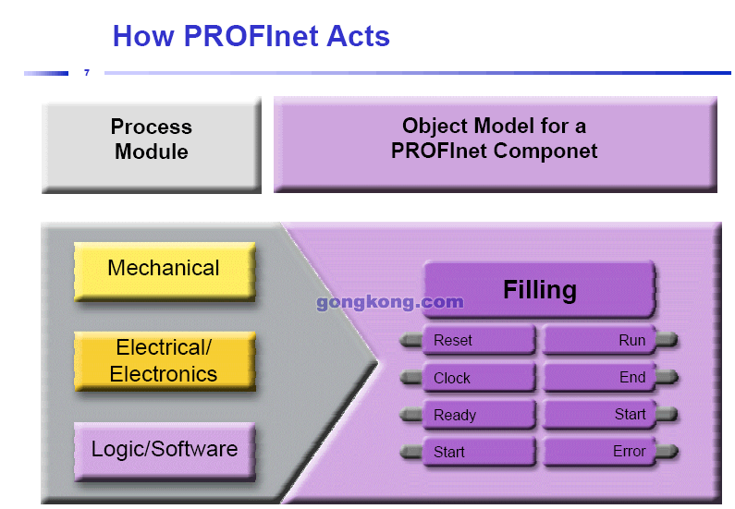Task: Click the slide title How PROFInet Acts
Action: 251,36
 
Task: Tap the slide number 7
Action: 87,72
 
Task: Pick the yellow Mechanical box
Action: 164,270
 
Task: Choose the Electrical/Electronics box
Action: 164,361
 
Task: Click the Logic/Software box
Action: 164,451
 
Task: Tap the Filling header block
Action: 539,290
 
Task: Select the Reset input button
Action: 478,340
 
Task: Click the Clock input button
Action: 478,378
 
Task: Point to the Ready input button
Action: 478,415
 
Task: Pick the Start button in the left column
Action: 478,452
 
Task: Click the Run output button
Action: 598,340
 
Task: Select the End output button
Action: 598,377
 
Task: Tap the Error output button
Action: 598,452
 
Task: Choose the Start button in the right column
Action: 598,414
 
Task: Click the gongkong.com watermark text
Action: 389,302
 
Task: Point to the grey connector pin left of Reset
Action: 410,341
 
